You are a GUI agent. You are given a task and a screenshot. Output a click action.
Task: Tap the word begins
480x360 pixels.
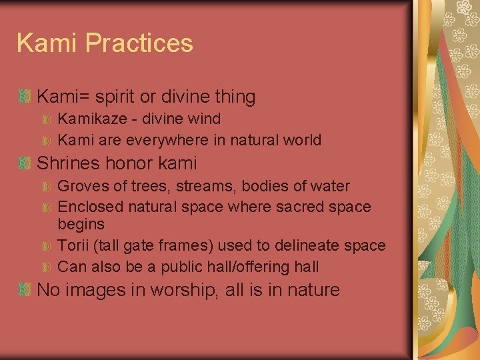point(81,224)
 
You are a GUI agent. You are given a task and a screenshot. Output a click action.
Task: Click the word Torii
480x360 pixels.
point(73,245)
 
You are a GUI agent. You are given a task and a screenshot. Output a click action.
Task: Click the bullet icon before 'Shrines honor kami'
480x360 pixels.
point(25,163)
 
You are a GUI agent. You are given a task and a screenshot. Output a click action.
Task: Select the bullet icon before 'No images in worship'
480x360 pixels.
point(25,290)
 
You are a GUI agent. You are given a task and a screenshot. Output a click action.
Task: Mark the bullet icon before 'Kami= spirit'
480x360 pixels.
point(25,97)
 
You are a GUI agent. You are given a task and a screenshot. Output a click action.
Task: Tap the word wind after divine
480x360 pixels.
point(205,119)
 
